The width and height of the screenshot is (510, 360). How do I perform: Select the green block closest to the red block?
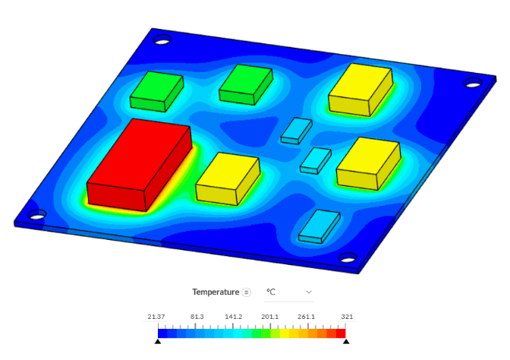tap(156, 92)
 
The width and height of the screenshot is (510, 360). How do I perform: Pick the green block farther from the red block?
tap(245, 84)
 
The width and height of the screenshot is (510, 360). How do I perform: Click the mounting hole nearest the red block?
tap(37, 214)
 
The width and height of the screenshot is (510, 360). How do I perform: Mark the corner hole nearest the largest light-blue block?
tap(348, 258)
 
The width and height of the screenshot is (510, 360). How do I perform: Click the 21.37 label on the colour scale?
tap(157, 317)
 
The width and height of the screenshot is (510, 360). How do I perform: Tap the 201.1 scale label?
tap(270, 317)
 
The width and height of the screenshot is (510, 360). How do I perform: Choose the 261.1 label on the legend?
tap(307, 317)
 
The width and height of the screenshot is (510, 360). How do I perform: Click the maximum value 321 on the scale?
tap(346, 317)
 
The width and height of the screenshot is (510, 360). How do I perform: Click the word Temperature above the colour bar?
tap(216, 292)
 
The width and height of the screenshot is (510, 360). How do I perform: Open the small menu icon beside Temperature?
tap(246, 292)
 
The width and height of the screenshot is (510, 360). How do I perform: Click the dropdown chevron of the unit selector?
tap(308, 292)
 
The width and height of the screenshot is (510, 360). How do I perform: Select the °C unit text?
tap(270, 292)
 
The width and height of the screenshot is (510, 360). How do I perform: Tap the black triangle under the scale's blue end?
tap(158, 342)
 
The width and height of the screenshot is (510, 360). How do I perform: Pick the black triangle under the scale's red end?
tap(346, 342)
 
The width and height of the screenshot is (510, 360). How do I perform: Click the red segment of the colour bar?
tap(341, 333)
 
